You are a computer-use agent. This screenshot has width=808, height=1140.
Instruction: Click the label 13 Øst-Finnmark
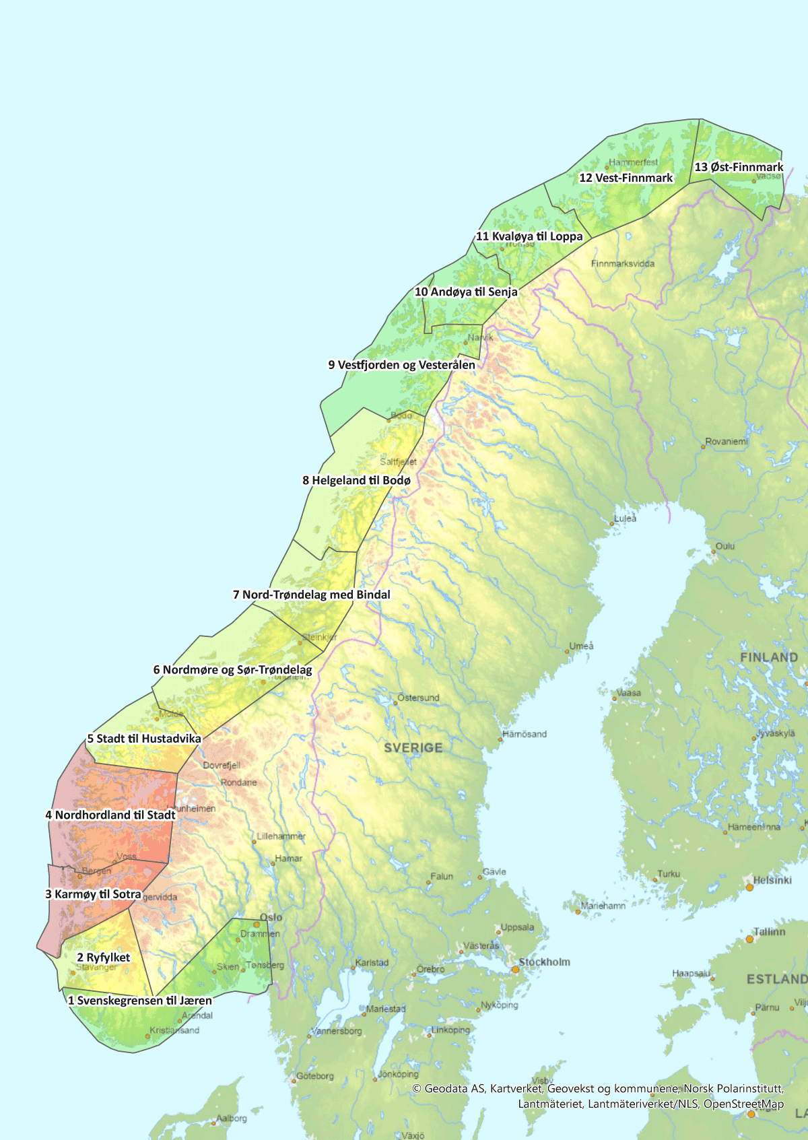tap(739, 167)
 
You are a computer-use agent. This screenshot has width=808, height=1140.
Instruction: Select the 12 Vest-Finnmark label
tap(626, 178)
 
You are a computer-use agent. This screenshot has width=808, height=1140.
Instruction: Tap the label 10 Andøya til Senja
tap(466, 292)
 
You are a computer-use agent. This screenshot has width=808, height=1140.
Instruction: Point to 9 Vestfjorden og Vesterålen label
tap(401, 364)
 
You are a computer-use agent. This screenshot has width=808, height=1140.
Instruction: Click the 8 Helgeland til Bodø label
tap(356, 480)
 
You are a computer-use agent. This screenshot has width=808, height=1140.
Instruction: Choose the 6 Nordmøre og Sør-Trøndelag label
tap(232, 669)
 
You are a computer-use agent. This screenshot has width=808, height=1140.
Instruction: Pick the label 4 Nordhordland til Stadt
tap(110, 815)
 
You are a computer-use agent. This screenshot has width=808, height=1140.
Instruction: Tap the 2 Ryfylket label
tap(103, 957)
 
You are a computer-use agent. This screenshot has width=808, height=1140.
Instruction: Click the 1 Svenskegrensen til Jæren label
tap(139, 1000)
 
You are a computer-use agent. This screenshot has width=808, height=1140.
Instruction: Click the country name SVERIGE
tap(413, 747)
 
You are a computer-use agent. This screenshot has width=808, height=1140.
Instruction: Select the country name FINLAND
tap(768, 657)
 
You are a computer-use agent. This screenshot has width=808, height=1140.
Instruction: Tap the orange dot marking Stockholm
tap(515, 969)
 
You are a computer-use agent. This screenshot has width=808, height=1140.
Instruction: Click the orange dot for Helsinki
tap(749, 887)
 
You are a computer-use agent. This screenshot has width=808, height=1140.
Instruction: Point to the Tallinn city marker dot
tap(749, 939)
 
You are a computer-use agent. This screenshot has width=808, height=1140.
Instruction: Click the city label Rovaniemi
tap(727, 442)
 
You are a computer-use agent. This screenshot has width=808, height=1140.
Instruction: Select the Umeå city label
tap(582, 646)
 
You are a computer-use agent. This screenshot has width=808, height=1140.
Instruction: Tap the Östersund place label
tap(418, 698)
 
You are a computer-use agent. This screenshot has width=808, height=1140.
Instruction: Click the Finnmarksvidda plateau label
tap(622, 263)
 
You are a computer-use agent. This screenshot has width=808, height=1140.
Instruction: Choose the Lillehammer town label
tap(281, 836)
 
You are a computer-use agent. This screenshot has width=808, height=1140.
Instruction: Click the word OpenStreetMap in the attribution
tap(743, 1104)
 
